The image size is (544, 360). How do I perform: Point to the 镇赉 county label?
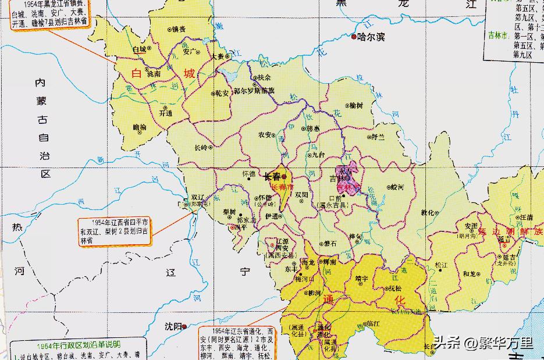177,28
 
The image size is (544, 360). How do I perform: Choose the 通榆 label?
140,126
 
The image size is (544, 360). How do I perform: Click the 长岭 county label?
201,147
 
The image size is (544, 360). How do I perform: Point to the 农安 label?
265,135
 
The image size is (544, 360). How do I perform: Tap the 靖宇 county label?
361,278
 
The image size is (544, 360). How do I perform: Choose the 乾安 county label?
222,92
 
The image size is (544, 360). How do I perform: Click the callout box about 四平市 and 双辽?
114,231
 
